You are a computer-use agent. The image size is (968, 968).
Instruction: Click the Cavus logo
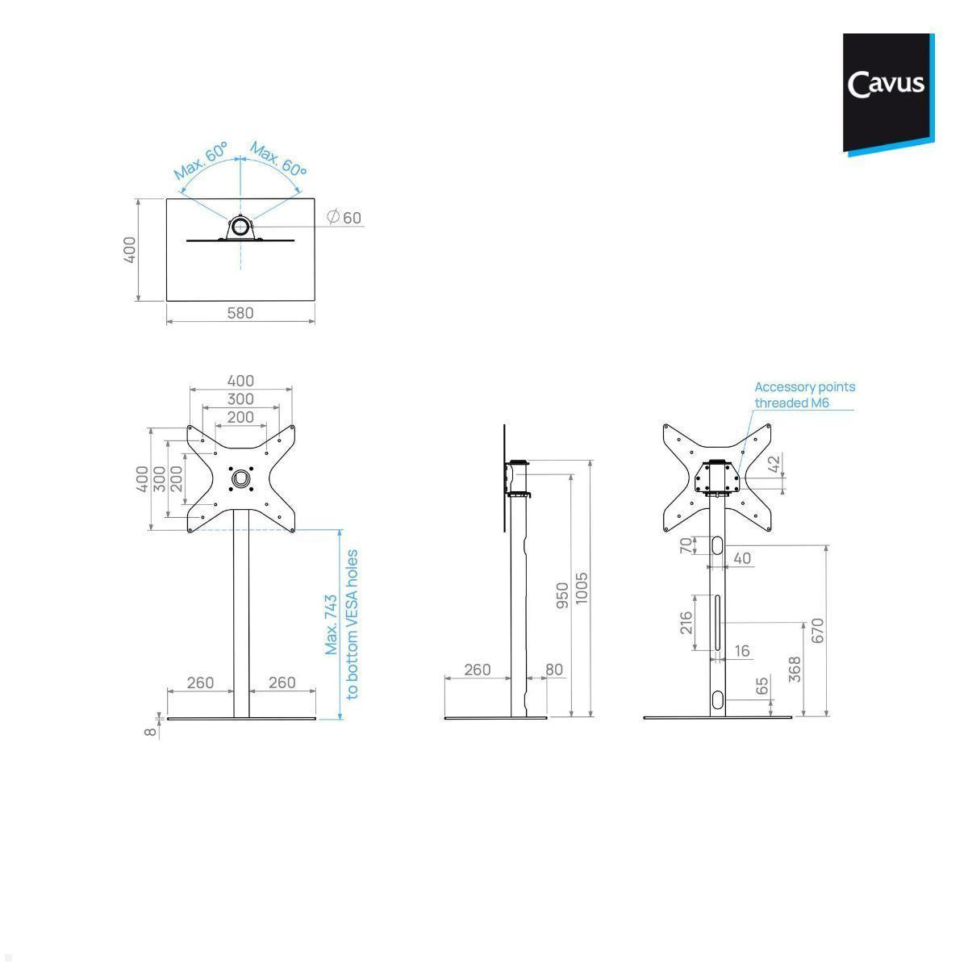(887, 92)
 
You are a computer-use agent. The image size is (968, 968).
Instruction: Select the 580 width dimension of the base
(240, 313)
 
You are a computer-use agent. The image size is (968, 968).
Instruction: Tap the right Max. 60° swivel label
(278, 160)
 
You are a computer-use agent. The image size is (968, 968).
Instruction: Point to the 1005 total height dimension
(582, 589)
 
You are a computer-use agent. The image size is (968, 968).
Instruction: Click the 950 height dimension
(563, 595)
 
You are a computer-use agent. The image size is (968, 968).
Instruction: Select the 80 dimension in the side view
(554, 670)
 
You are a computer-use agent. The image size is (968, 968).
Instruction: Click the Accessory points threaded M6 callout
(803, 394)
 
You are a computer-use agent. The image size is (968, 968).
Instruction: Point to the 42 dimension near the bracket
(774, 465)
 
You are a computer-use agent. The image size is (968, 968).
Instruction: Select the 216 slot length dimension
(686, 622)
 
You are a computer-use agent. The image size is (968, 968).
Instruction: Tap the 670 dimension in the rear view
(817, 630)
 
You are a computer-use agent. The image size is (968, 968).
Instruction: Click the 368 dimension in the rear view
(795, 669)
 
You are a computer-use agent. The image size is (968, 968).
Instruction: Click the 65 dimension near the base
(762, 686)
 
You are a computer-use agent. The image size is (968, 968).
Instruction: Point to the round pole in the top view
(240, 227)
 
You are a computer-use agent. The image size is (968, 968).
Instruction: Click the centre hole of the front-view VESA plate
(240, 479)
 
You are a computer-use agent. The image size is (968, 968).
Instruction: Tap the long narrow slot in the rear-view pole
(716, 623)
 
